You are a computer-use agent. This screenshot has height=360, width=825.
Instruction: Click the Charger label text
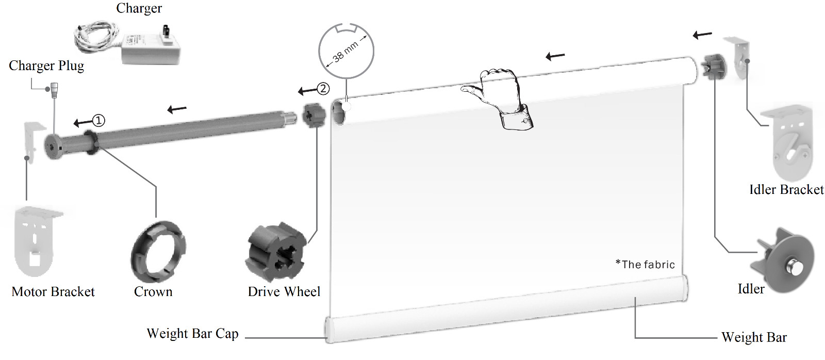click(139, 8)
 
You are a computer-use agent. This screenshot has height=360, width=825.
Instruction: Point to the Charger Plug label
click(46, 66)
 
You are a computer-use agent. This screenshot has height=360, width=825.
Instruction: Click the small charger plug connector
click(55, 90)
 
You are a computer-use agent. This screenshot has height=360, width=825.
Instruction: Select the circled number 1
click(98, 121)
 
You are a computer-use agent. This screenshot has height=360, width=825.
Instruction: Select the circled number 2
click(323, 88)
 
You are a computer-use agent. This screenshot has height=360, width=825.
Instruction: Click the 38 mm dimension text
click(345, 52)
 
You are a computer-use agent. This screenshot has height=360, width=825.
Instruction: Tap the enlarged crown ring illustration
click(158, 251)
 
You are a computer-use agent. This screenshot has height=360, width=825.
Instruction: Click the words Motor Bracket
click(53, 291)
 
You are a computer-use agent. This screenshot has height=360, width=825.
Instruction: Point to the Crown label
click(153, 291)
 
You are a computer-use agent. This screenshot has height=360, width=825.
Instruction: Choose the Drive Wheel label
click(284, 291)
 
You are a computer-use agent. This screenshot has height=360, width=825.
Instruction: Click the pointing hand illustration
click(501, 97)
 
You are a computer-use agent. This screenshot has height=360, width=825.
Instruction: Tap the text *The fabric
click(645, 264)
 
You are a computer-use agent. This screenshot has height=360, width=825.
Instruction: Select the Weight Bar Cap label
click(193, 334)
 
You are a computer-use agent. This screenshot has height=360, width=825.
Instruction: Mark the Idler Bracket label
click(786, 189)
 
